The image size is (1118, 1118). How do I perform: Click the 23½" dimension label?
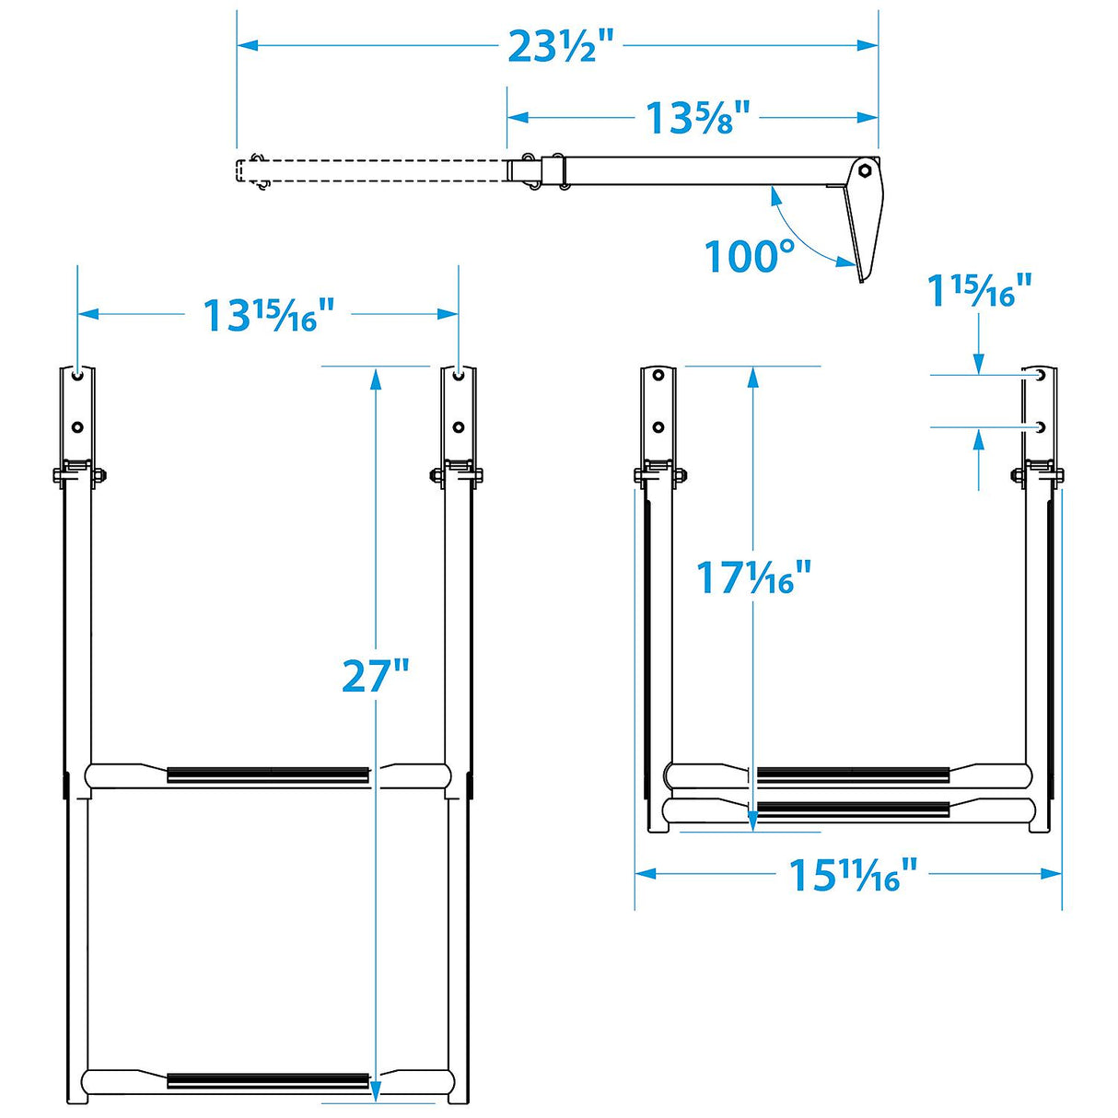(x=560, y=46)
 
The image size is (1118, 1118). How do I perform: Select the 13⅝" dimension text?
(x=697, y=118)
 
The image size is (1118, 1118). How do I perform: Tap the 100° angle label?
(x=749, y=257)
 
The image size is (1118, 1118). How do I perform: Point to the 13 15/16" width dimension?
(x=267, y=315)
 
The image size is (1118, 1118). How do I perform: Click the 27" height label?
(x=375, y=676)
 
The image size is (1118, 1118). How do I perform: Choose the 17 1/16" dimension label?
(x=753, y=578)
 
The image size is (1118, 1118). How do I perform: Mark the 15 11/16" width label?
(x=853, y=875)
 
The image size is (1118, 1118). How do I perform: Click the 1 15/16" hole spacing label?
(x=978, y=291)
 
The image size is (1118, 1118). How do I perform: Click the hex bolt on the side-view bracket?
(x=865, y=170)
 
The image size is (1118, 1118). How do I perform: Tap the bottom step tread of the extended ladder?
(x=268, y=1081)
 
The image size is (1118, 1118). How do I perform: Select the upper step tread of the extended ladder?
(x=268, y=775)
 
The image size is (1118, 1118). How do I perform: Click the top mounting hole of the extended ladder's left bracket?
(x=76, y=376)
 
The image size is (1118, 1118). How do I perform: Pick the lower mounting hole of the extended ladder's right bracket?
(x=458, y=427)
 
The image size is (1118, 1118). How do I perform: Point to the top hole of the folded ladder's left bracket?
(x=658, y=376)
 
